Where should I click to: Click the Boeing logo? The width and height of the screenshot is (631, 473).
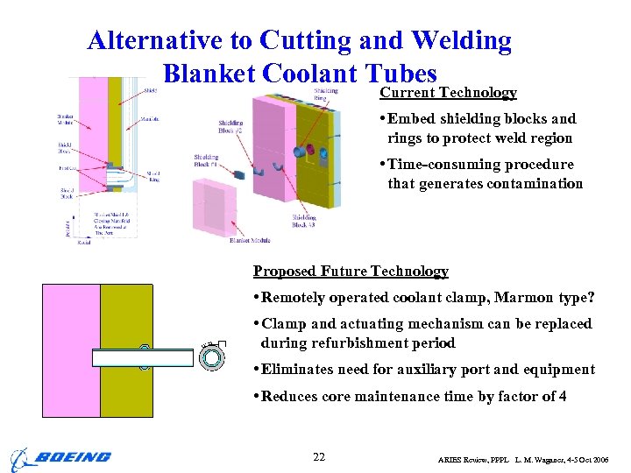click(60, 457)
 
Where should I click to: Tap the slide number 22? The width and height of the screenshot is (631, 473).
click(320, 456)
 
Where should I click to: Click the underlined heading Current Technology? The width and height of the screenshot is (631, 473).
click(448, 93)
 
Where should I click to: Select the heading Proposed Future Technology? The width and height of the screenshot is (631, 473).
click(351, 272)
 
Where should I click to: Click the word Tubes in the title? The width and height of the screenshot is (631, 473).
click(399, 74)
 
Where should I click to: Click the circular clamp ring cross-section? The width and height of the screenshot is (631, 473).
click(213, 357)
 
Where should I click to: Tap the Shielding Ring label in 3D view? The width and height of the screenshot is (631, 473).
click(326, 94)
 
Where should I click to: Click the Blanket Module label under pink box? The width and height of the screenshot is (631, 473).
click(250, 240)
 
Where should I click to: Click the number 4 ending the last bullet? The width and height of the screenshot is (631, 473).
click(562, 397)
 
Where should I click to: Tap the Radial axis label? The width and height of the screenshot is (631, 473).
click(84, 243)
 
